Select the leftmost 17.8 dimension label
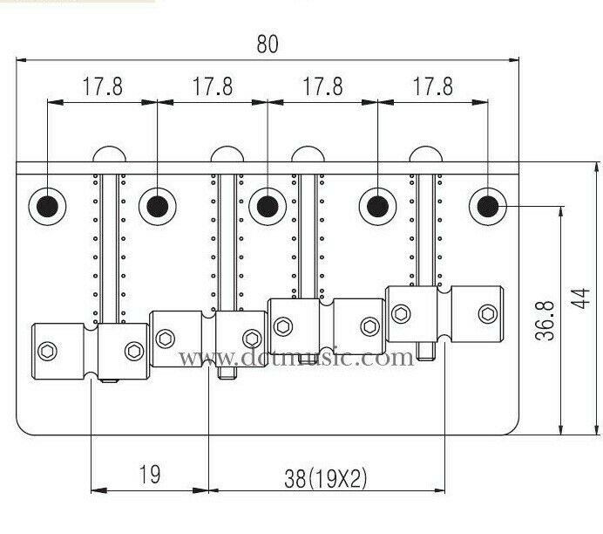102,87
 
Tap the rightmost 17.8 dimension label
433,87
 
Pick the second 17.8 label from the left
213,87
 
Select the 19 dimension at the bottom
149,475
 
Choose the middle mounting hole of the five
267,206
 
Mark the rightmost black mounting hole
487,206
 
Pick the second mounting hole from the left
157,206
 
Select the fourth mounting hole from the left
377,206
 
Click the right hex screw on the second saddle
251,339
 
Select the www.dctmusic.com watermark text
297,358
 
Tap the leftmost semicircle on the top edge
107,154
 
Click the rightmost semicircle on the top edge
424,154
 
